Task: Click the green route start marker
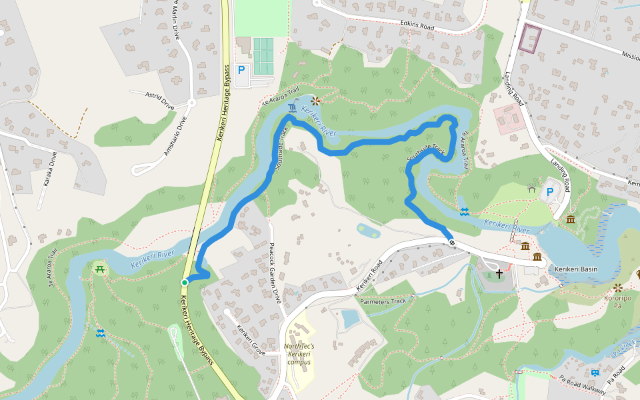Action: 185,283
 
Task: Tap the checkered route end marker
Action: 452,242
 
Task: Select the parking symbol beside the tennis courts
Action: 241,69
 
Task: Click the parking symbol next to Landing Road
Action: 550,192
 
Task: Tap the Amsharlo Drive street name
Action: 174,136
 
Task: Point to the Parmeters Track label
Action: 383,301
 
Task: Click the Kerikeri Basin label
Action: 576,269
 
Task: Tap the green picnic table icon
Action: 100,269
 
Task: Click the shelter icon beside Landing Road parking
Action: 531,189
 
